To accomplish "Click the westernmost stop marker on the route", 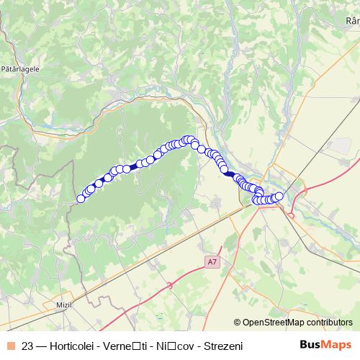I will click(x=81, y=198).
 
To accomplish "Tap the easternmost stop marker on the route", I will click(x=279, y=197).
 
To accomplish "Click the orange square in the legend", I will click(x=11, y=346).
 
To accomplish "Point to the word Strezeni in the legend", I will click(x=224, y=346).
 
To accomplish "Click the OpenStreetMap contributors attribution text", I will click(x=297, y=323).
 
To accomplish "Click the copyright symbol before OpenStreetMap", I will click(x=237, y=323).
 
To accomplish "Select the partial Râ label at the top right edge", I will click(x=352, y=21).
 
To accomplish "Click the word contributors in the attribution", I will click(x=328, y=323).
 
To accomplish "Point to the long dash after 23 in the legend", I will click(x=43, y=346).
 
